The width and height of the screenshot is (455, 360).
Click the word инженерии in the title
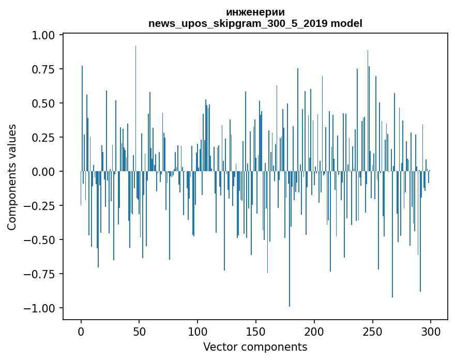pos(255,12)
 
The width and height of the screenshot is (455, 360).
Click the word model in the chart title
pos(346,23)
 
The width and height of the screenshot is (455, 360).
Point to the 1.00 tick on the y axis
pos(43,35)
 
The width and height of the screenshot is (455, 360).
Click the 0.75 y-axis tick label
pos(43,69)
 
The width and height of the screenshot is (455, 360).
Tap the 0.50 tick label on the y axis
pos(43,103)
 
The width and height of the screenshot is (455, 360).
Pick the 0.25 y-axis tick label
pos(43,137)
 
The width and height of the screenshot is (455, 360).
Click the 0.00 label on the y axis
pos(43,172)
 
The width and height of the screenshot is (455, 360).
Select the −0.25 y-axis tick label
pos(39,205)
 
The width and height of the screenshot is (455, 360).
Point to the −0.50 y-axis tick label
pos(39,240)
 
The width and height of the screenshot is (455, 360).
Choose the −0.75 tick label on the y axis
pos(39,274)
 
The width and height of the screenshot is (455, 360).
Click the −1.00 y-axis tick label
pos(39,308)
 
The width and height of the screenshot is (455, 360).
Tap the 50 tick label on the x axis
pos(139,331)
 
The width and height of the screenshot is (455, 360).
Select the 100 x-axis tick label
pos(198,331)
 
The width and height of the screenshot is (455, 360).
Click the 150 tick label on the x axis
pos(256,331)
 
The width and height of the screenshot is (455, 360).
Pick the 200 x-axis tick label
pos(314,331)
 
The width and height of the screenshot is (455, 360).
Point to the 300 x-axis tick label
pos(431,331)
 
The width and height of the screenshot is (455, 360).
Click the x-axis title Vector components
pos(255,347)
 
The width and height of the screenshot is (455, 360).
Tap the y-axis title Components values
pos(11,177)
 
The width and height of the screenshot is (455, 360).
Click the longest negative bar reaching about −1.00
pos(290,238)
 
